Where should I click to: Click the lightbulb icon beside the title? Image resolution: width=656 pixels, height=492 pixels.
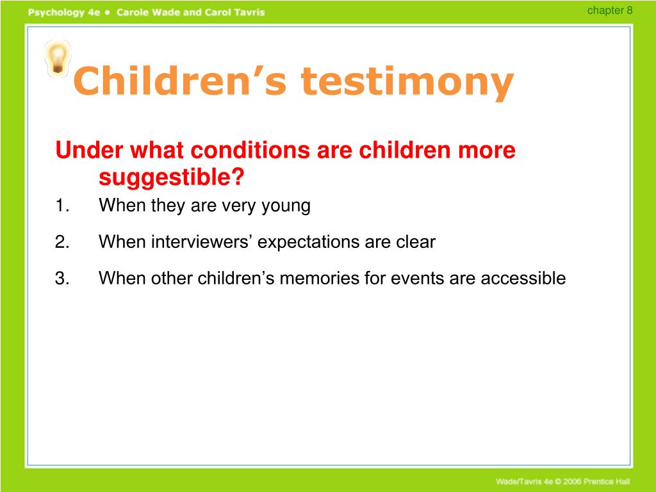57,59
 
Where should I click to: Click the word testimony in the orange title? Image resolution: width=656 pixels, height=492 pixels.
407,83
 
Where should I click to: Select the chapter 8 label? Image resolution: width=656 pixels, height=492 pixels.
610,10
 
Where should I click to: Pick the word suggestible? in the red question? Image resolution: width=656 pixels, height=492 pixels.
172,177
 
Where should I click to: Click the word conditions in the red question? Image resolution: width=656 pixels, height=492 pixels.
250,149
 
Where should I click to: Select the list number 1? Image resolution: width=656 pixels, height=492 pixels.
62,206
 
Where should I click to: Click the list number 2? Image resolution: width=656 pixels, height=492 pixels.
62,242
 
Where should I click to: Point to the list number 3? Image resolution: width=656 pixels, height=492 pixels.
62,278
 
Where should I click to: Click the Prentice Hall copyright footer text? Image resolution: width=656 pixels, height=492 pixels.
562,482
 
